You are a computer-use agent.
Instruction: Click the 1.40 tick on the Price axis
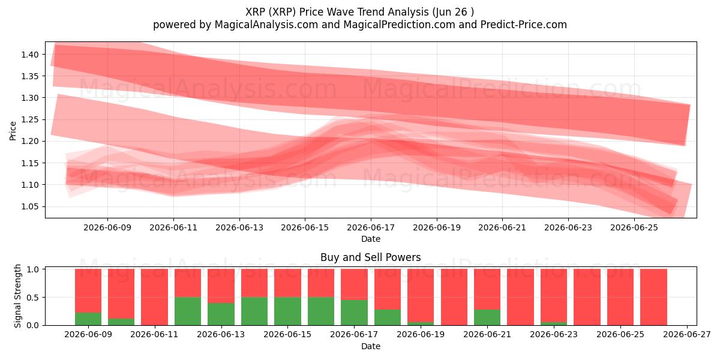[29, 55]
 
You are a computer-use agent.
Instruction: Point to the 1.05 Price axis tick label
[29, 206]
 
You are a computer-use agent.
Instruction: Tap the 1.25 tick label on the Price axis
[29, 119]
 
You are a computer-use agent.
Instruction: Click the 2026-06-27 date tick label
[687, 335]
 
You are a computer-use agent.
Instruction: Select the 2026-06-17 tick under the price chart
[371, 227]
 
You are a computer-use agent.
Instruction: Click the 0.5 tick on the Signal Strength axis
[32, 298]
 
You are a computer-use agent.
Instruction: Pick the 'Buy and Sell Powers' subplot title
[371, 257]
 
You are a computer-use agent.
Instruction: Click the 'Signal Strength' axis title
[17, 296]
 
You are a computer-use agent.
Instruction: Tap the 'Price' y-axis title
[13, 131]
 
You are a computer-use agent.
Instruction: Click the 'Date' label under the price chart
[371, 239]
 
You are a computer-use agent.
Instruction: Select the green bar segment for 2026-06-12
[188, 311]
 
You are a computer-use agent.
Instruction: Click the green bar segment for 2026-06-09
[88, 319]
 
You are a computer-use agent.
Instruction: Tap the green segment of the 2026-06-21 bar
[487, 317]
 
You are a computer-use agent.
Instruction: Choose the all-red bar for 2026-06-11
[154, 297]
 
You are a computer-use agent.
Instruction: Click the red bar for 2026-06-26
[653, 297]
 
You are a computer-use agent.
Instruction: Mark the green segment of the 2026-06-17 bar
[354, 313]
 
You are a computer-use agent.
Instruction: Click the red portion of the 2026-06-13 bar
[221, 286]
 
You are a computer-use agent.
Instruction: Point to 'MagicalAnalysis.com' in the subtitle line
[266, 25]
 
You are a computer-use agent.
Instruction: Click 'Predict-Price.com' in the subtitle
[524, 25]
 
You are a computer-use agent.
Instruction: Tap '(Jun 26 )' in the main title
[453, 12]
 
